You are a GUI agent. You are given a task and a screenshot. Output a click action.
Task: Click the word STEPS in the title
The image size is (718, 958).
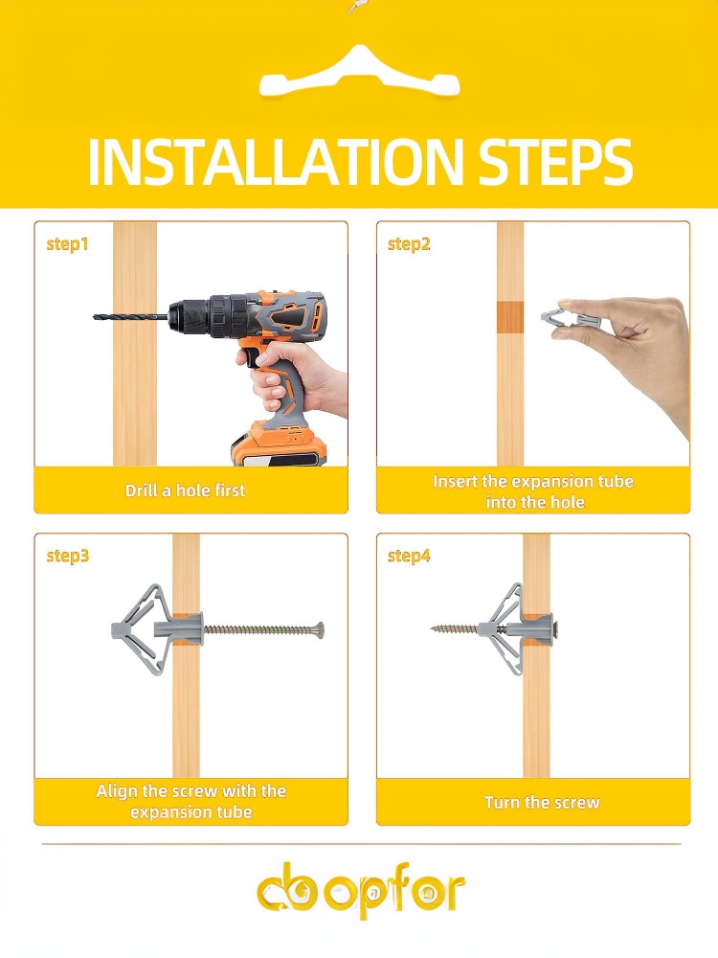tap(555, 162)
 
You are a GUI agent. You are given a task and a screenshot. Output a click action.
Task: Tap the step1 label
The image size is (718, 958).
tap(68, 244)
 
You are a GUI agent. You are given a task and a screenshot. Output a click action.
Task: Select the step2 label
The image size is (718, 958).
tap(409, 244)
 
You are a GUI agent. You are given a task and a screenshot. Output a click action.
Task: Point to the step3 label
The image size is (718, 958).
tap(68, 556)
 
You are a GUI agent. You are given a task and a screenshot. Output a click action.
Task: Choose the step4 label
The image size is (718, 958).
tap(409, 556)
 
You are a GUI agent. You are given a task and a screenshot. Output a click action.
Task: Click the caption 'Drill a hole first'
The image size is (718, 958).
tap(185, 490)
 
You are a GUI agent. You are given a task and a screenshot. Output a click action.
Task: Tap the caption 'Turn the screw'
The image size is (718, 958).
tap(542, 802)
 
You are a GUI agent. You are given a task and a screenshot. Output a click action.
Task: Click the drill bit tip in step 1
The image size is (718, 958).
tap(95, 316)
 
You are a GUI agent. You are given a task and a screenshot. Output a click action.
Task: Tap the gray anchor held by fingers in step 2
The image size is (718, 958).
tap(572, 320)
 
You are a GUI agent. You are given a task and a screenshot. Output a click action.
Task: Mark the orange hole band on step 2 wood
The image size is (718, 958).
tap(510, 317)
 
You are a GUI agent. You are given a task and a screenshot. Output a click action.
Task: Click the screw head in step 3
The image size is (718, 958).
tap(319, 629)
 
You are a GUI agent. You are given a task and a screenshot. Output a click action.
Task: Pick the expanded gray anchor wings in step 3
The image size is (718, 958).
tap(139, 629)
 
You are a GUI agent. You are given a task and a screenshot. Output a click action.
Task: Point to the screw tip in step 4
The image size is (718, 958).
tap(434, 627)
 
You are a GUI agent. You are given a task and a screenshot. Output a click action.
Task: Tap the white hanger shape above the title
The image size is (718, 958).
tap(359, 75)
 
